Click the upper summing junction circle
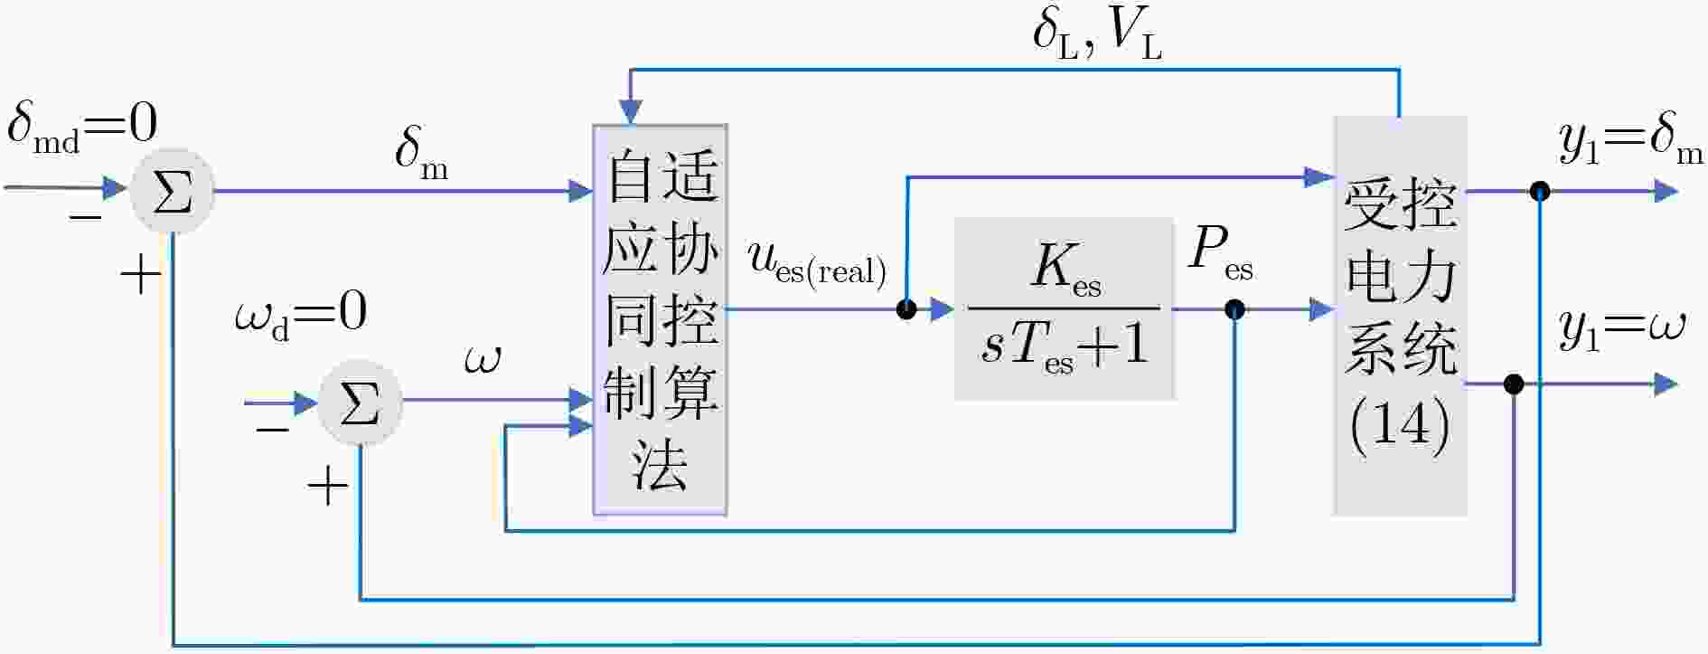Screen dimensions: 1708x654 point(173,192)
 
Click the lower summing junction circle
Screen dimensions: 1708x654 point(360,403)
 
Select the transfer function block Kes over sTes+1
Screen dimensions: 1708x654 point(1065,308)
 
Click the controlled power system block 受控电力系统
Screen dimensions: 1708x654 point(1400,316)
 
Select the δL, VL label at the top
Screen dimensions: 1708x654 point(1097,36)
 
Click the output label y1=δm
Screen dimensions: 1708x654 point(1632,144)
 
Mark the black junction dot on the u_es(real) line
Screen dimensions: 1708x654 point(906,309)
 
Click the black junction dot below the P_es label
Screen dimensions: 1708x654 point(1234,309)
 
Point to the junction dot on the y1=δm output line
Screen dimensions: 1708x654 point(1540,191)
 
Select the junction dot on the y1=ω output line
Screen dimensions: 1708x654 point(1514,384)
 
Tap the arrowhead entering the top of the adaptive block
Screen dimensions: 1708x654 point(631,112)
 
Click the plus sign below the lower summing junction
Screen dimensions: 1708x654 point(327,488)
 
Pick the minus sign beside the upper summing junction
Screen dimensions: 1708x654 point(86,217)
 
